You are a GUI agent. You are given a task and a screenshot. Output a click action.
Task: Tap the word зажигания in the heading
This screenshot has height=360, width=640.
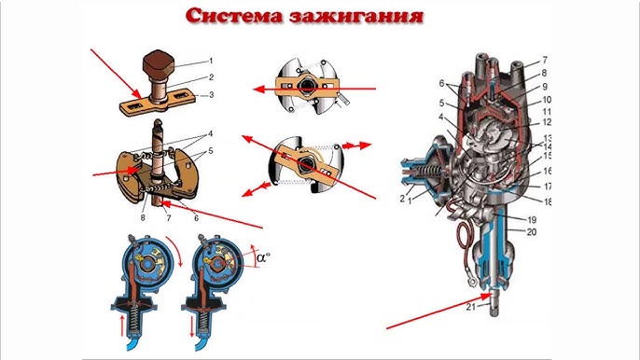[x=356, y=17]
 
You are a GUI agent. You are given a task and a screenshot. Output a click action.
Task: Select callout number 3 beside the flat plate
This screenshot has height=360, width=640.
[x=211, y=95]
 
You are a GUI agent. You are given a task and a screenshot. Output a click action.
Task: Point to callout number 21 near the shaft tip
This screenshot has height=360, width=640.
[x=471, y=307]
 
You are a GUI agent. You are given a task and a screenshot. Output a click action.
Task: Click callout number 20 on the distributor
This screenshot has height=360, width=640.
[x=532, y=232]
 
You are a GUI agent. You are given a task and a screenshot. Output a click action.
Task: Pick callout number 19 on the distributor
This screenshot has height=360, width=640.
[x=532, y=220]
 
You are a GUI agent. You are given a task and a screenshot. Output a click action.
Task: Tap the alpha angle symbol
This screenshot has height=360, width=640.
[x=264, y=257]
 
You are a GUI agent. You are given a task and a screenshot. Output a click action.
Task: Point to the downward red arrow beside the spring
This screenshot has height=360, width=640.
[x=192, y=325]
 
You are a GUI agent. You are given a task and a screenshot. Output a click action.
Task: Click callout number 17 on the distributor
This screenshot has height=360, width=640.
[x=548, y=187]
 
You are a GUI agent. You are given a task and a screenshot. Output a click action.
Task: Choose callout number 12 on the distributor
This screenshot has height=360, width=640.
[x=546, y=122]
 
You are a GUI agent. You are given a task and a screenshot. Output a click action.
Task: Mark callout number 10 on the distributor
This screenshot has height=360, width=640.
[x=547, y=100]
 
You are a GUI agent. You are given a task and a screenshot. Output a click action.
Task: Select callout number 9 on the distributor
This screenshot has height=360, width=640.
[x=545, y=87]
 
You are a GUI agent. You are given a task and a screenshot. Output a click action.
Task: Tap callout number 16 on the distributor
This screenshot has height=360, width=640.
[x=548, y=172]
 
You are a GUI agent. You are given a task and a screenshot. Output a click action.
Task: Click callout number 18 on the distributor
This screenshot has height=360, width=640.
[x=548, y=201]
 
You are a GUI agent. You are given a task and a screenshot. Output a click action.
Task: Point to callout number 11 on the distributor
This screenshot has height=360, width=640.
[x=547, y=111]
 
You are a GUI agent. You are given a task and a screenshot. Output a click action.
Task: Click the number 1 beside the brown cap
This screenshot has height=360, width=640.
[x=211, y=61]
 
